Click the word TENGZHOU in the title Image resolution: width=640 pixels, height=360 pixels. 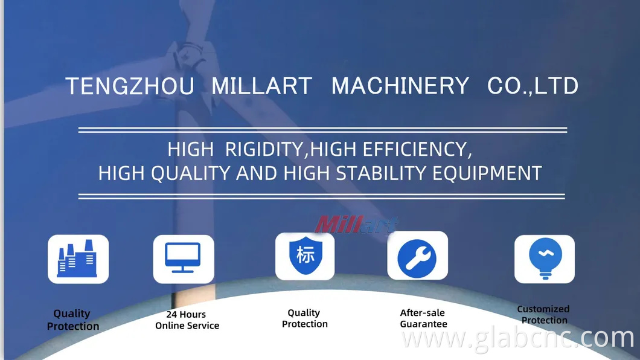point(130,86)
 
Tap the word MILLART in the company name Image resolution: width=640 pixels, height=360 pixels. point(261,86)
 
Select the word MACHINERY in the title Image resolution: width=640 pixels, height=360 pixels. point(400,86)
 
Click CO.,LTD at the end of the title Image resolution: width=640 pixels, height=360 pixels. point(533,86)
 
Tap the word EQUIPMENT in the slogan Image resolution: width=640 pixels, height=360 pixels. point(487,173)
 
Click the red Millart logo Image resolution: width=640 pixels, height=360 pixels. point(356,225)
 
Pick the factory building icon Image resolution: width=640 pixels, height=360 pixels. point(78,259)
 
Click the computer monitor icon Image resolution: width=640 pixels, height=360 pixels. point(183,259)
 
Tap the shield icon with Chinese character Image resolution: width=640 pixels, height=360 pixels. point(305,256)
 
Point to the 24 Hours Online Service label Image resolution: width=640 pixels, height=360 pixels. point(187,320)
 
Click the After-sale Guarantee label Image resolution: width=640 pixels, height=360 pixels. point(423,318)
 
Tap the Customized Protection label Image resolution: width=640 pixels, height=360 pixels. point(543,315)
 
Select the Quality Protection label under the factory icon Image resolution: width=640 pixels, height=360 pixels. point(72,320)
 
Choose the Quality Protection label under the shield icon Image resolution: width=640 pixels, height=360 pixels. point(304,318)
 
